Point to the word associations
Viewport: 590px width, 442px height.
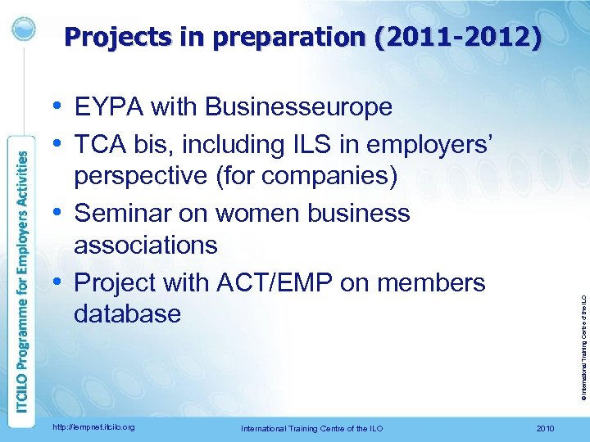(x=145, y=245)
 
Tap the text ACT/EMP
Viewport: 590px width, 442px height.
(x=279, y=282)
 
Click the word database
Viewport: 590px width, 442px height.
(x=127, y=313)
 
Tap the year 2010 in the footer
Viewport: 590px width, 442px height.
(x=544, y=427)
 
